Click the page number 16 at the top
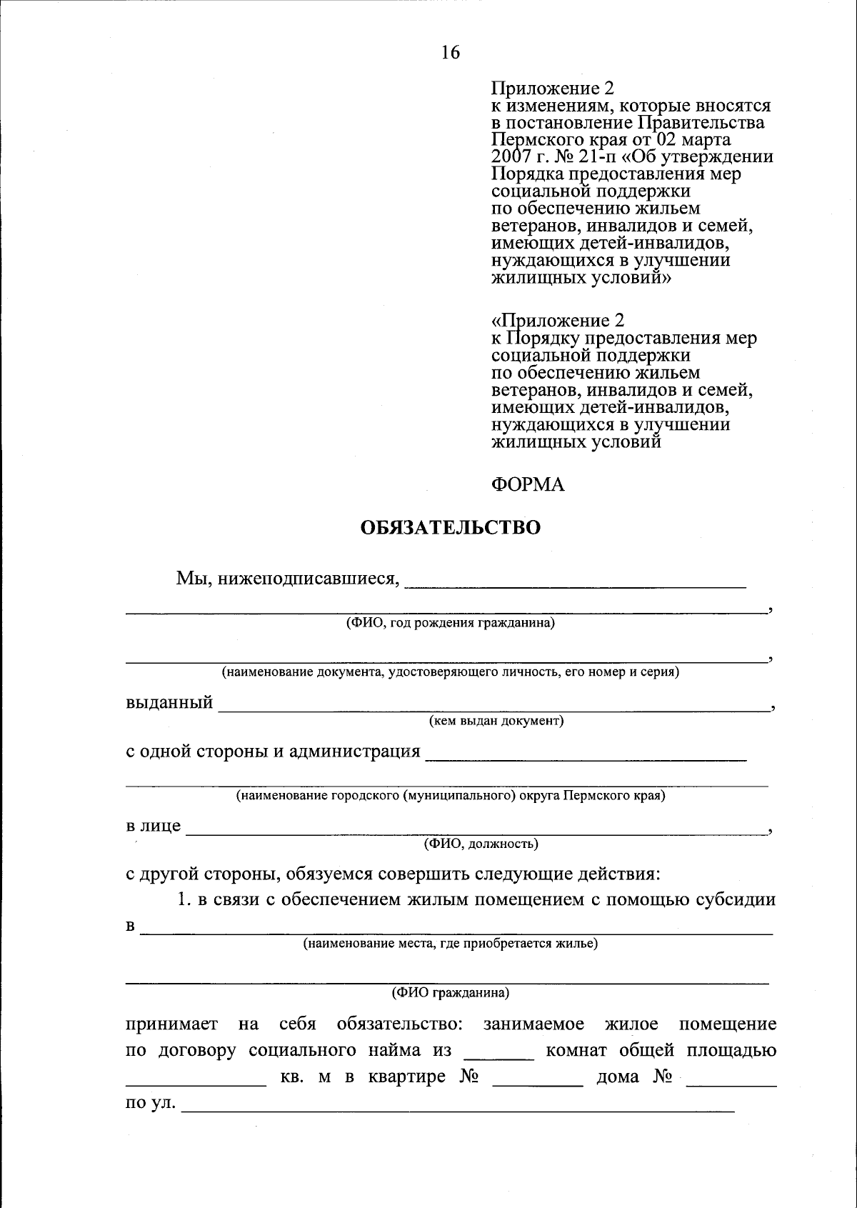(x=451, y=52)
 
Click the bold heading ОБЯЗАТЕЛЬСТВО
(x=450, y=528)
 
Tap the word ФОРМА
(x=528, y=485)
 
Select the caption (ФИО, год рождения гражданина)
(x=450, y=623)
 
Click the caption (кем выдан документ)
(x=496, y=721)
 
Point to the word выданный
(x=169, y=702)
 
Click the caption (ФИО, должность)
(x=481, y=844)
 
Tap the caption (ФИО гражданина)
(x=450, y=993)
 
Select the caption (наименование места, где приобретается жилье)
(x=450, y=944)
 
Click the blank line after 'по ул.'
(x=458, y=1108)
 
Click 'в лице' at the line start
(x=154, y=827)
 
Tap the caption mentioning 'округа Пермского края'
(x=450, y=795)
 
